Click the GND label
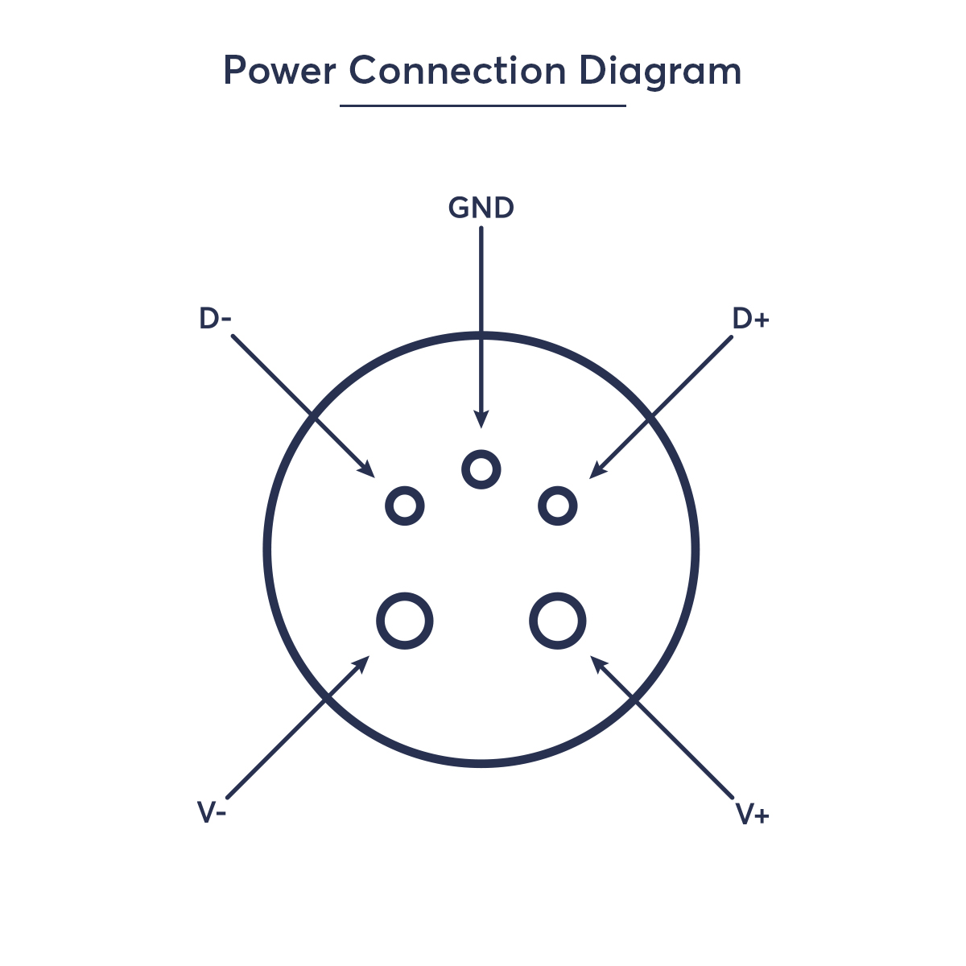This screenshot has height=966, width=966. (x=481, y=208)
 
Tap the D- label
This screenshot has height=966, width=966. (x=215, y=319)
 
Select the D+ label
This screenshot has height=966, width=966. (x=750, y=319)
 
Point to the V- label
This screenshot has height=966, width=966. (x=212, y=812)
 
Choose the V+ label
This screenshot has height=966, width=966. (x=753, y=815)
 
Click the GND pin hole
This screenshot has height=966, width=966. (x=481, y=469)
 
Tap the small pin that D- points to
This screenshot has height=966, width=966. (x=405, y=506)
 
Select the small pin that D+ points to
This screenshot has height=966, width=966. (x=557, y=506)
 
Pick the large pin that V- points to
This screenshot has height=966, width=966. (x=405, y=621)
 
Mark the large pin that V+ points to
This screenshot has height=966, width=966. (x=557, y=621)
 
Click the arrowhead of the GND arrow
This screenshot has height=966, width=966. (x=481, y=420)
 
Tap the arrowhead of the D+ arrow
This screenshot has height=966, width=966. (x=596, y=472)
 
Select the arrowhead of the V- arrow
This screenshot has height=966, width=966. (x=363, y=662)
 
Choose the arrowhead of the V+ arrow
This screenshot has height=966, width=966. (x=597, y=662)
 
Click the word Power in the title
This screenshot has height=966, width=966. (x=279, y=71)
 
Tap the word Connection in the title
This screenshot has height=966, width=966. (x=457, y=71)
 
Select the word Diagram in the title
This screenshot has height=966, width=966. (x=659, y=72)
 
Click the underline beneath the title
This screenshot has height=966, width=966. (x=482, y=105)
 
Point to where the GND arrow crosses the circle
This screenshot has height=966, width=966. (x=481, y=334)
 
